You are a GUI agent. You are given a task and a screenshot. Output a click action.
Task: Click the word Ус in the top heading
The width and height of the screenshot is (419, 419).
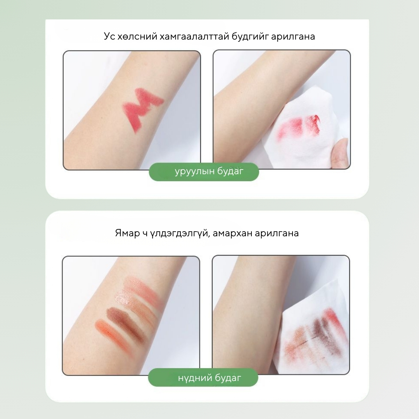pyautogui.click(x=109, y=36)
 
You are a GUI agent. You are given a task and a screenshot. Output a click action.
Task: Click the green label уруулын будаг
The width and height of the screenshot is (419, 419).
pyautogui.click(x=204, y=171)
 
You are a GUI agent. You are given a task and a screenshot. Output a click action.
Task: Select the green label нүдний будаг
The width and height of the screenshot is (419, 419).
pyautogui.click(x=203, y=377)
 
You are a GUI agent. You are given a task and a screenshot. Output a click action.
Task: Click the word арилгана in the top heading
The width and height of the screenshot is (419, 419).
pyautogui.click(x=293, y=36)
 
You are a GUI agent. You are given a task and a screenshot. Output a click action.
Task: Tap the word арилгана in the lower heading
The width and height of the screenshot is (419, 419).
pyautogui.click(x=277, y=233)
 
